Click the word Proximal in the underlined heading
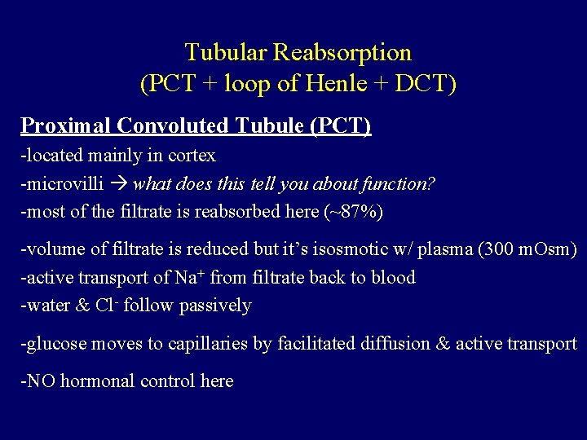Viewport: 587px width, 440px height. tap(66, 125)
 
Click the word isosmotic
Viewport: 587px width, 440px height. tap(328, 249)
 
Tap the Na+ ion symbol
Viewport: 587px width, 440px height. tap(185, 277)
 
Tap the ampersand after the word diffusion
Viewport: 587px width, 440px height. tap(443, 343)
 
